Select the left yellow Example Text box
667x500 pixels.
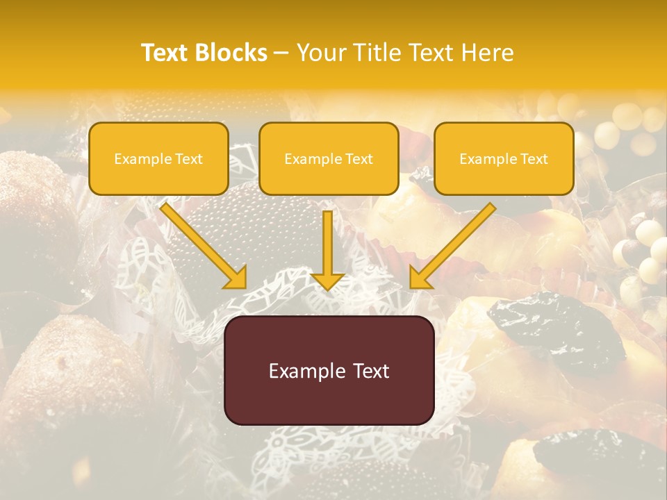point(158,158)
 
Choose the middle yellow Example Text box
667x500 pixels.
point(329,158)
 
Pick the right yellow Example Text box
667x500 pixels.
point(504,158)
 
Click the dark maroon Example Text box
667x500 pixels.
point(329,370)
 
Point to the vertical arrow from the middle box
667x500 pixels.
point(328,243)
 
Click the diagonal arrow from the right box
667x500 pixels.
point(459,240)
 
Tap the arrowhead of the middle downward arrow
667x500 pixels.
point(328,280)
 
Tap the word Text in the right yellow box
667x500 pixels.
point(534,159)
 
